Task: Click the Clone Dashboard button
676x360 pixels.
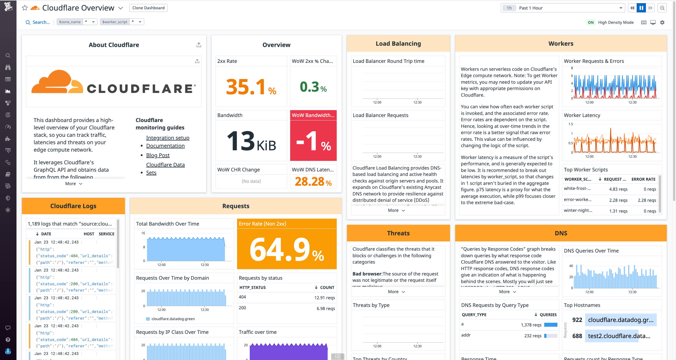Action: (148, 8)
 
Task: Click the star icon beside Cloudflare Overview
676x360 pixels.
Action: (25, 8)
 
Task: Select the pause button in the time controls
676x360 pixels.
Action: (641, 8)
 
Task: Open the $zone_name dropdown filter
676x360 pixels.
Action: (77, 22)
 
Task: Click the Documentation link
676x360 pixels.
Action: (165, 146)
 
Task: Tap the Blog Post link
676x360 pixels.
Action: (158, 155)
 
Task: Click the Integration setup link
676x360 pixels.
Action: (168, 138)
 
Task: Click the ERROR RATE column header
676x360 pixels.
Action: (643, 179)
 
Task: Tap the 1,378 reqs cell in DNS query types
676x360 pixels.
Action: (531, 325)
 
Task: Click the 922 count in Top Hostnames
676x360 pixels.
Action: (577, 320)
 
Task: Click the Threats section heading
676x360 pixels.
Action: (398, 233)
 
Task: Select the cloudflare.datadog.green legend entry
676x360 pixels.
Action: (173, 319)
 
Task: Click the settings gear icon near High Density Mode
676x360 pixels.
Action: (662, 22)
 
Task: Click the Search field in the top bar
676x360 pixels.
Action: (41, 22)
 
